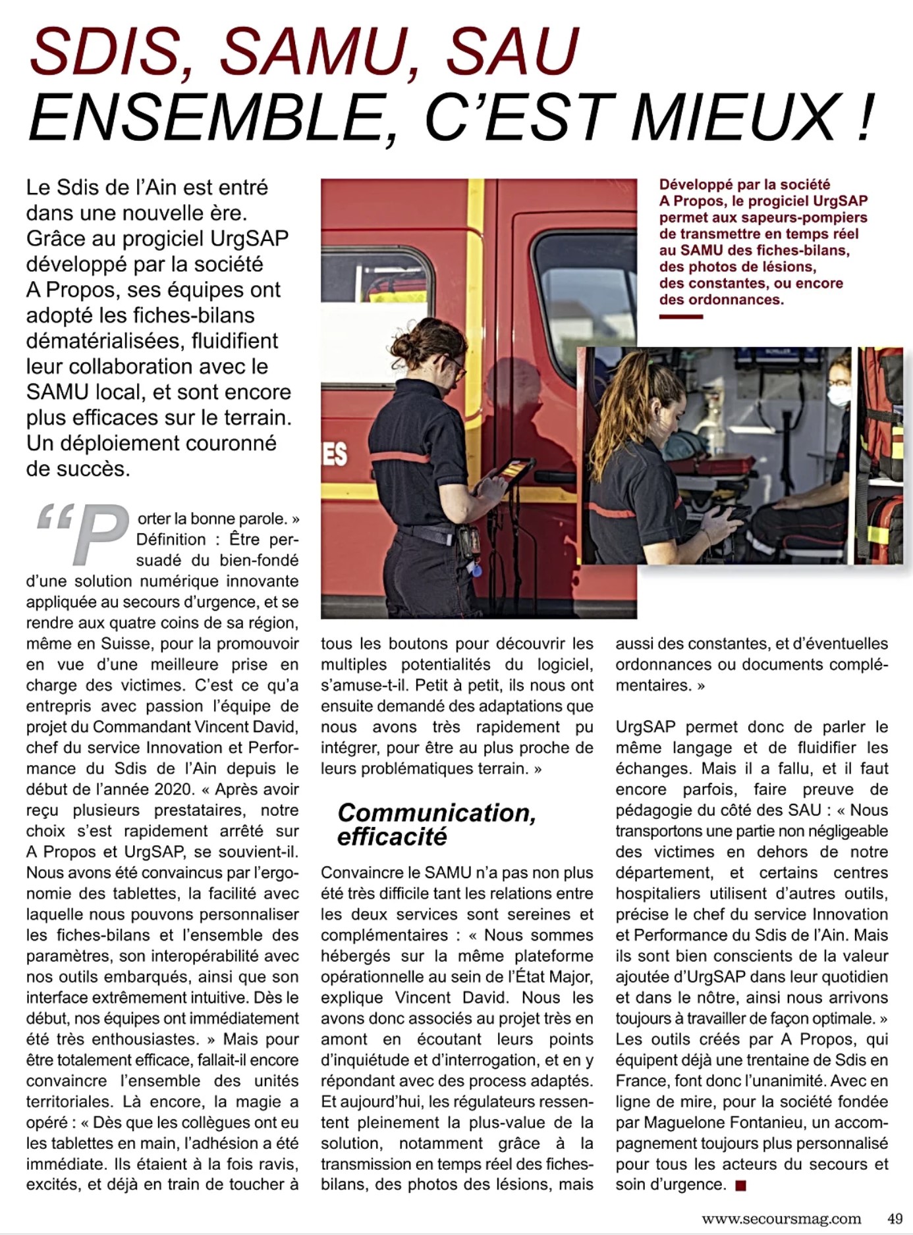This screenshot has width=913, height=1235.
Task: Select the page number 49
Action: (x=894, y=1219)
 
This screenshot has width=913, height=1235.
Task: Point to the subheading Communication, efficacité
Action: (x=436, y=824)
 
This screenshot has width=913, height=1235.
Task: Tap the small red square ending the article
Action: (x=740, y=1186)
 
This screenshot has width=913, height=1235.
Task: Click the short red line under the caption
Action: (x=681, y=317)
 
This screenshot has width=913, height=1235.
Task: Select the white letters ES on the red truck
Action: (x=335, y=454)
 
